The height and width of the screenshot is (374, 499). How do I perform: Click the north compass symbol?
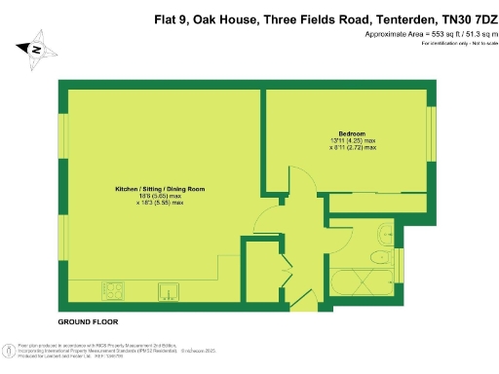point(34,49)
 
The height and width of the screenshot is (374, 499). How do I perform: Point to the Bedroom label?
point(352,132)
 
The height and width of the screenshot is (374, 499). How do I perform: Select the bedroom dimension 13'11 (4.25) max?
point(352,141)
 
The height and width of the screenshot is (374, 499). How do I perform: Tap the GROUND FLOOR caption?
point(89,320)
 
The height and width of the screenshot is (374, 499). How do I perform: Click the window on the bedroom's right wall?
point(430,128)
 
